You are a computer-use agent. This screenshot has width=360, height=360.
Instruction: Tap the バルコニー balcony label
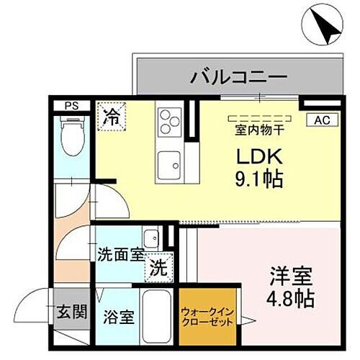[x=239, y=76]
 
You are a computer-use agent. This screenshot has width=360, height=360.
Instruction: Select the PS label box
[x=71, y=106]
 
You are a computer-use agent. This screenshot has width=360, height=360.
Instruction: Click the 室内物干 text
[x=259, y=130]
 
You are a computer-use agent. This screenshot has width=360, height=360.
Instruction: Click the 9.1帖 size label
[x=258, y=179]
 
